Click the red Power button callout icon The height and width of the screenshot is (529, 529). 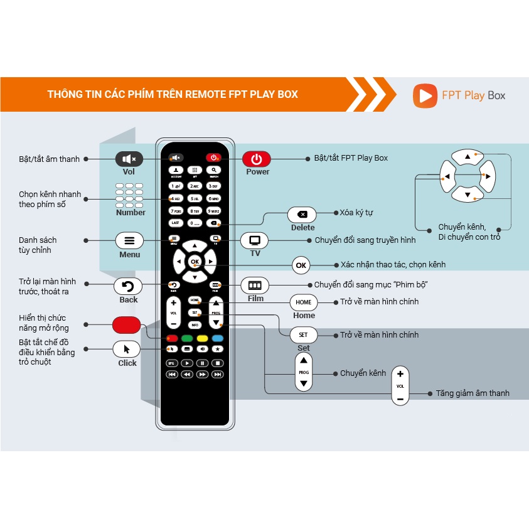(x=256, y=159)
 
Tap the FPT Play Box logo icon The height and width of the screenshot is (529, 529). (x=425, y=95)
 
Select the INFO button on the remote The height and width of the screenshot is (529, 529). (x=195, y=324)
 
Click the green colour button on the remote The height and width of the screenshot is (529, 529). (x=187, y=338)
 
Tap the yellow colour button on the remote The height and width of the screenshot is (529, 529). (x=202, y=338)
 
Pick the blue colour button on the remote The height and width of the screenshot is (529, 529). (x=217, y=338)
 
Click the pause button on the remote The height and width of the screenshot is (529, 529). (x=202, y=363)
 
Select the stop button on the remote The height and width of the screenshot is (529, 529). (x=217, y=363)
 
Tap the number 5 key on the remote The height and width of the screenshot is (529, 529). (x=195, y=198)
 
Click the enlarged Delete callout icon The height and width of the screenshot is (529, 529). (x=302, y=214)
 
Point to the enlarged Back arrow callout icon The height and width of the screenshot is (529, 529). (x=128, y=286)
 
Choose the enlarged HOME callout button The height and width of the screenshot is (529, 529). (x=304, y=302)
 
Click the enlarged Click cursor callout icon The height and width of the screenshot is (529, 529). (x=127, y=349)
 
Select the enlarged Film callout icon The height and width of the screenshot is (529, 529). (x=255, y=285)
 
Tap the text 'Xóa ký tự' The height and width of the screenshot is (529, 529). (x=356, y=213)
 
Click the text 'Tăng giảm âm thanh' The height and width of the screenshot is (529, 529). (x=473, y=393)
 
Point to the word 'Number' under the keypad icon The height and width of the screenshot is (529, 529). (x=131, y=213)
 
